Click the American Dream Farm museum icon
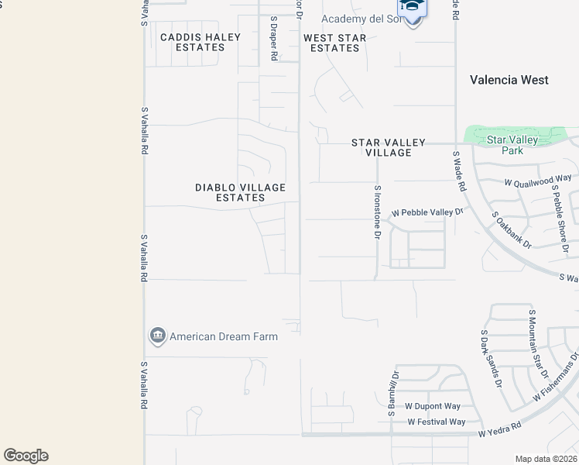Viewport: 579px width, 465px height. tap(157, 336)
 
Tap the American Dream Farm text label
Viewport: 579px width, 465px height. tap(224, 336)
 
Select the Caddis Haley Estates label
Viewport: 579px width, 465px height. tap(200, 42)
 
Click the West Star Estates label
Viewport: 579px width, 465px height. tap(334, 43)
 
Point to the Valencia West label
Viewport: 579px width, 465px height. tap(510, 80)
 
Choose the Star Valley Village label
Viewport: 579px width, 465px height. tap(389, 147)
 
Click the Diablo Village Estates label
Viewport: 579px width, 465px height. tap(240, 192)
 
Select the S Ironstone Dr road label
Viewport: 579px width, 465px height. tap(378, 212)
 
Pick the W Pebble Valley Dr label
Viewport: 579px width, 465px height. tap(427, 212)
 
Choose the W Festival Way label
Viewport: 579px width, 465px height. tap(437, 422)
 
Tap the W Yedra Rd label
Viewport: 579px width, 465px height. tap(499, 427)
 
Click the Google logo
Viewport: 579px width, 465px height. tap(26, 456)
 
